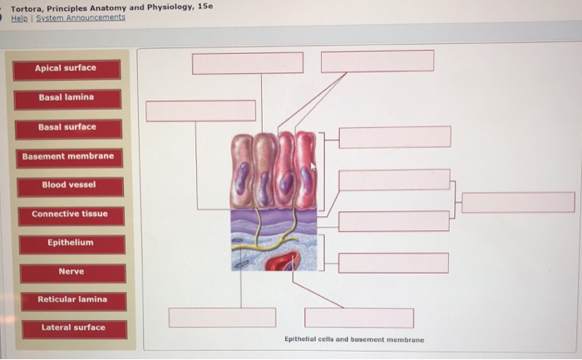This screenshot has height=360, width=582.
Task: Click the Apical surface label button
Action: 67,69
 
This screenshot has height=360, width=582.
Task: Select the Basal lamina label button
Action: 67,98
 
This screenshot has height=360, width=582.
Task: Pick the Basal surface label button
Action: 67,128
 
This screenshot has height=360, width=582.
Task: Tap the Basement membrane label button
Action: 68,157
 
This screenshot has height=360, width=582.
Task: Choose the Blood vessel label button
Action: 70,185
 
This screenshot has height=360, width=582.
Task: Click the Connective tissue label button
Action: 71,215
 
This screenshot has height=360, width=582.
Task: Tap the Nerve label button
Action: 72,273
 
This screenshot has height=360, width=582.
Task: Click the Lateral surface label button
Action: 74,328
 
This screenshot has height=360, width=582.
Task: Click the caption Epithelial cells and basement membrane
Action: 354,339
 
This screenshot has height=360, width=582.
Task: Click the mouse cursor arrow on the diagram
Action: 313,167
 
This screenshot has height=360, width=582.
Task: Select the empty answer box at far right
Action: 518,202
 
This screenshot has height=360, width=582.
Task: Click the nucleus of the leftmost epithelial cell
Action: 242,179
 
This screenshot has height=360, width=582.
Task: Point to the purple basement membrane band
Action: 274,219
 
